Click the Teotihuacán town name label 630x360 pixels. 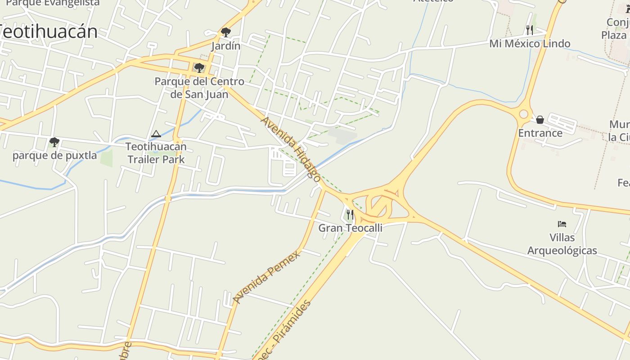(x=49, y=31)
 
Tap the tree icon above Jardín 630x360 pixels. (x=226, y=32)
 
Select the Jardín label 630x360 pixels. (x=226, y=46)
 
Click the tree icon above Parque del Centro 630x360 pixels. (x=199, y=68)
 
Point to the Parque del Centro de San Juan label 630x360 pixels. (x=199, y=88)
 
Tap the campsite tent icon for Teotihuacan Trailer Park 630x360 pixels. (x=156, y=134)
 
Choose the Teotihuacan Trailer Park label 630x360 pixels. (x=156, y=153)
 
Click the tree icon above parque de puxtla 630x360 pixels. (x=54, y=142)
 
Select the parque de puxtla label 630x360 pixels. (x=54, y=156)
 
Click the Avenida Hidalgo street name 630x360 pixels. (x=291, y=148)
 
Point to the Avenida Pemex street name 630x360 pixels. (x=266, y=277)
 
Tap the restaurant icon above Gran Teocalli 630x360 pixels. (x=350, y=214)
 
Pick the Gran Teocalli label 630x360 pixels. (x=351, y=228)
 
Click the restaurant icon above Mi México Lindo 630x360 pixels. (x=530, y=30)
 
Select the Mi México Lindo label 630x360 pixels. (x=530, y=44)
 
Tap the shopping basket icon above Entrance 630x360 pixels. (x=540, y=120)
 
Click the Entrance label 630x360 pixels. (x=540, y=133)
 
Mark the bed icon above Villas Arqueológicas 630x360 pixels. (x=562, y=224)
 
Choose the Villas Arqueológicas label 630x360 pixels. (x=562, y=244)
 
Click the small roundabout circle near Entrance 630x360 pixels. (x=524, y=114)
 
